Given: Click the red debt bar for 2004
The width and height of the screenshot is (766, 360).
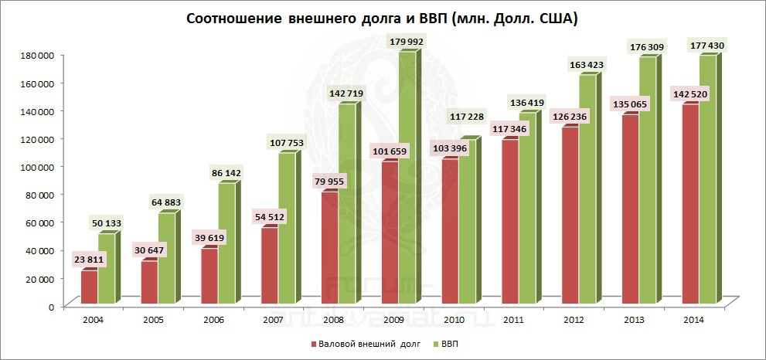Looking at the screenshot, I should click(x=89, y=286).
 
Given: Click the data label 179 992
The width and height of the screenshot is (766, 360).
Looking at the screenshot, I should click(x=401, y=41).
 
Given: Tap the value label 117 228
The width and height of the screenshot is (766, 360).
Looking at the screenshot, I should click(x=461, y=117).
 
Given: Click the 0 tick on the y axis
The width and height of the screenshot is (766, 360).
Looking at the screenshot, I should click(x=50, y=307).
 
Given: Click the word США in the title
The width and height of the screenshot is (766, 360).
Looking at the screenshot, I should click(x=557, y=18).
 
